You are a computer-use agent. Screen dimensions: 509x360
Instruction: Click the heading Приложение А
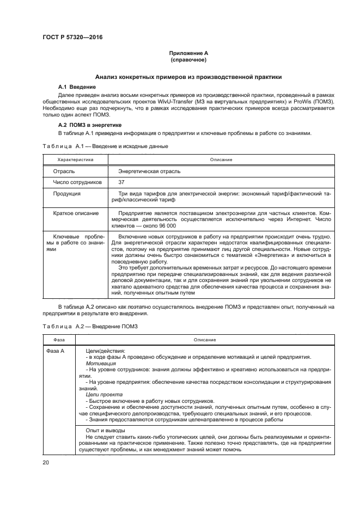(188, 53)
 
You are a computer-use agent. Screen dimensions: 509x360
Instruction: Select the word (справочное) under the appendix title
(188, 59)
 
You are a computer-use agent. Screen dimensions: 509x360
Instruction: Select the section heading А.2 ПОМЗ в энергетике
(89, 125)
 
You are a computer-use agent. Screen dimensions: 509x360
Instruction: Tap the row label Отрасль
(64, 171)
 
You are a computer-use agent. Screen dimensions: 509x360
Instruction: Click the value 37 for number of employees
(121, 182)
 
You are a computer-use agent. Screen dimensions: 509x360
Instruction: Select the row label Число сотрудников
(77, 182)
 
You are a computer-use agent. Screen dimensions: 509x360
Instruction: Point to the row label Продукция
(67, 194)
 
